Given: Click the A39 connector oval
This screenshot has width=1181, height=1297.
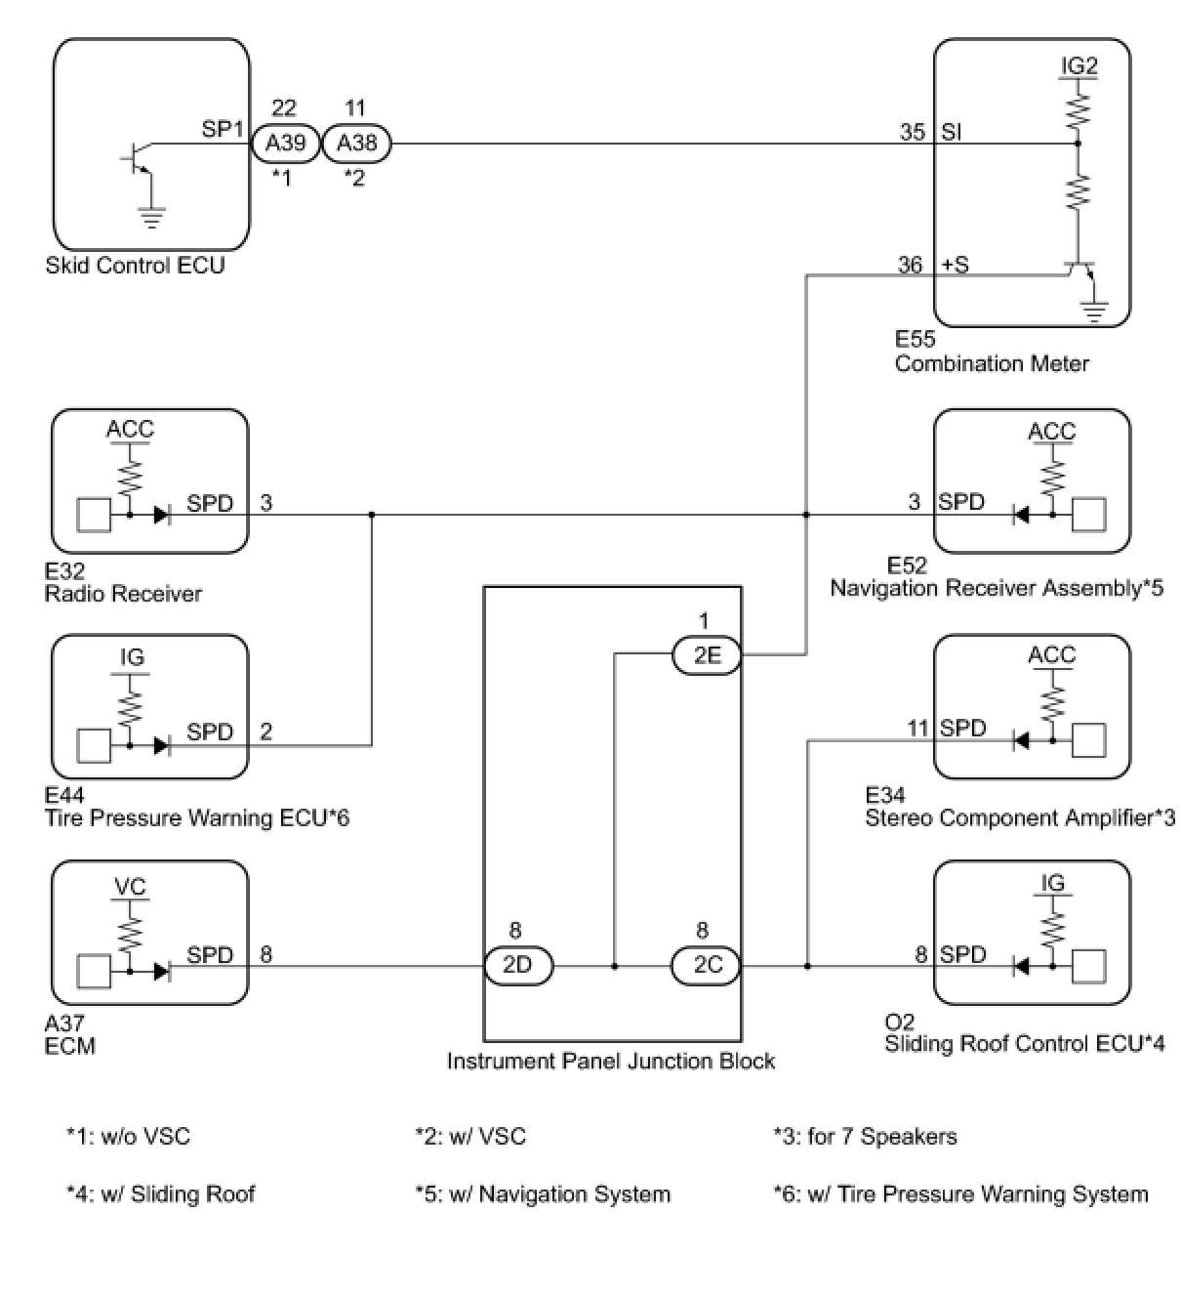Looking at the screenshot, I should click(286, 144).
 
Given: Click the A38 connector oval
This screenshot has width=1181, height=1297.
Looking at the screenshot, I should click(356, 144).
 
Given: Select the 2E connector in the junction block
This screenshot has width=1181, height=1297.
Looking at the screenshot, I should click(707, 656).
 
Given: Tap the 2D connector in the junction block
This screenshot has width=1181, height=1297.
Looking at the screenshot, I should click(518, 966).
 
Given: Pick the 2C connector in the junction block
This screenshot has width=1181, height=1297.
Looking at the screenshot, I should click(707, 966).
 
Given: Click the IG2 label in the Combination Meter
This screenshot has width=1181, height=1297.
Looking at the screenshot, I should click(1079, 66).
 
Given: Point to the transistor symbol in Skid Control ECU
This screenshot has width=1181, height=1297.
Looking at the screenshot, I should click(138, 160).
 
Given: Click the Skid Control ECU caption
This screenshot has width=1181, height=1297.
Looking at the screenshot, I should click(135, 266).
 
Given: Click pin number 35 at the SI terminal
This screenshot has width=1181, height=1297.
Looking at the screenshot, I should click(913, 131).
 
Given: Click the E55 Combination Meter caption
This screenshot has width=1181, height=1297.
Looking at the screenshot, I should click(991, 353).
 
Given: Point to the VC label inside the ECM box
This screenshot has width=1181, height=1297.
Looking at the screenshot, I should click(130, 887).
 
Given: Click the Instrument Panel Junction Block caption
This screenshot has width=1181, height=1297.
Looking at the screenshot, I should click(611, 1062).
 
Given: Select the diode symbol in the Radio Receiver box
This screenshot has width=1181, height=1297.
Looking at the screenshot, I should click(162, 515).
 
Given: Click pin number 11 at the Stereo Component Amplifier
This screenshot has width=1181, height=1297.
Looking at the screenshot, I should click(918, 728).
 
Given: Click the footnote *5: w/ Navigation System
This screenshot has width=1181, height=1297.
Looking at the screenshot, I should click(543, 1194).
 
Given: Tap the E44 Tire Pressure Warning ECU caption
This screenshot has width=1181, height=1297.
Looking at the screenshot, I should click(196, 808).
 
